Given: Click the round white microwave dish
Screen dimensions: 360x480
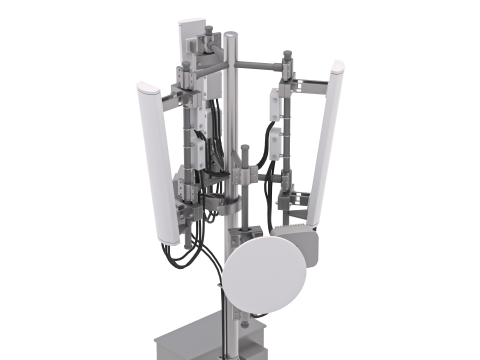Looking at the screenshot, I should point(263,277).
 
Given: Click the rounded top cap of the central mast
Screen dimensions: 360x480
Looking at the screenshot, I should point(231,37).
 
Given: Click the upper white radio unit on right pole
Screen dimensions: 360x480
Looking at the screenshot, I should point(273,105).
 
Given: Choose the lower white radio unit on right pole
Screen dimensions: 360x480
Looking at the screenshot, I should point(274,156).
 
